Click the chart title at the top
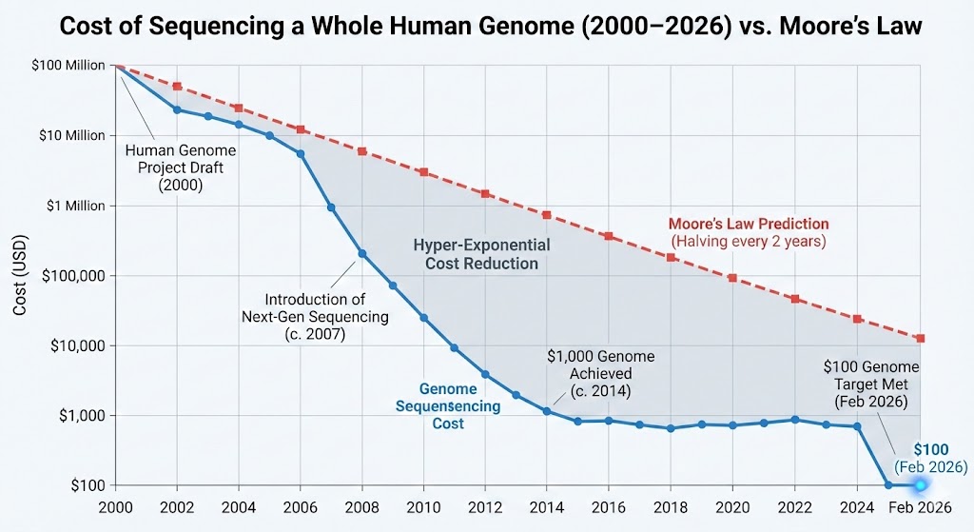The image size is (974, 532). (x=487, y=26)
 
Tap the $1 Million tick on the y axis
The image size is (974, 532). (x=73, y=206)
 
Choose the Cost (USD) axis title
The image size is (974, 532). (x=19, y=275)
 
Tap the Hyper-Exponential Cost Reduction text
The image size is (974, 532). (x=481, y=254)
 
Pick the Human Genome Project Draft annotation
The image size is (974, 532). (x=181, y=168)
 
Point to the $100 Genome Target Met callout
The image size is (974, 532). (x=872, y=384)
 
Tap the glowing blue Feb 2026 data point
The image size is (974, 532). (x=920, y=485)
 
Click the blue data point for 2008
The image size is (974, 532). (x=362, y=253)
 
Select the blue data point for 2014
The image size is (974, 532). (x=546, y=411)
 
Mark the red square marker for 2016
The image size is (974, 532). (x=608, y=236)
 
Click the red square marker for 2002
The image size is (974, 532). (x=177, y=87)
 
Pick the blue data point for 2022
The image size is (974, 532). (x=795, y=420)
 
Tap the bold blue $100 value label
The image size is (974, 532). (x=930, y=449)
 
